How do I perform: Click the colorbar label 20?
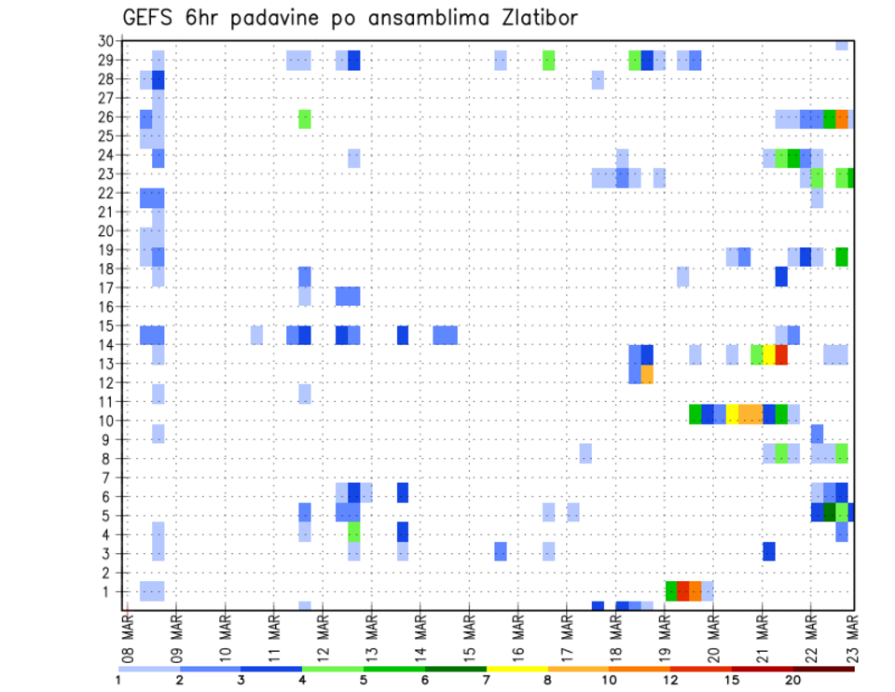tap(792, 680)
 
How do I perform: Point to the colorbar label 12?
tap(670, 680)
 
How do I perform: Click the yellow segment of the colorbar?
tap(516, 669)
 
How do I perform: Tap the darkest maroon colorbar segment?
tap(823, 669)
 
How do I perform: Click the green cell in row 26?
tap(305, 118)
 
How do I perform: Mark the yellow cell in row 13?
tap(769, 354)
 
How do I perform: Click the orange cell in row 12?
tap(647, 374)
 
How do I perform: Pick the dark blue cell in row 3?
tap(769, 551)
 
